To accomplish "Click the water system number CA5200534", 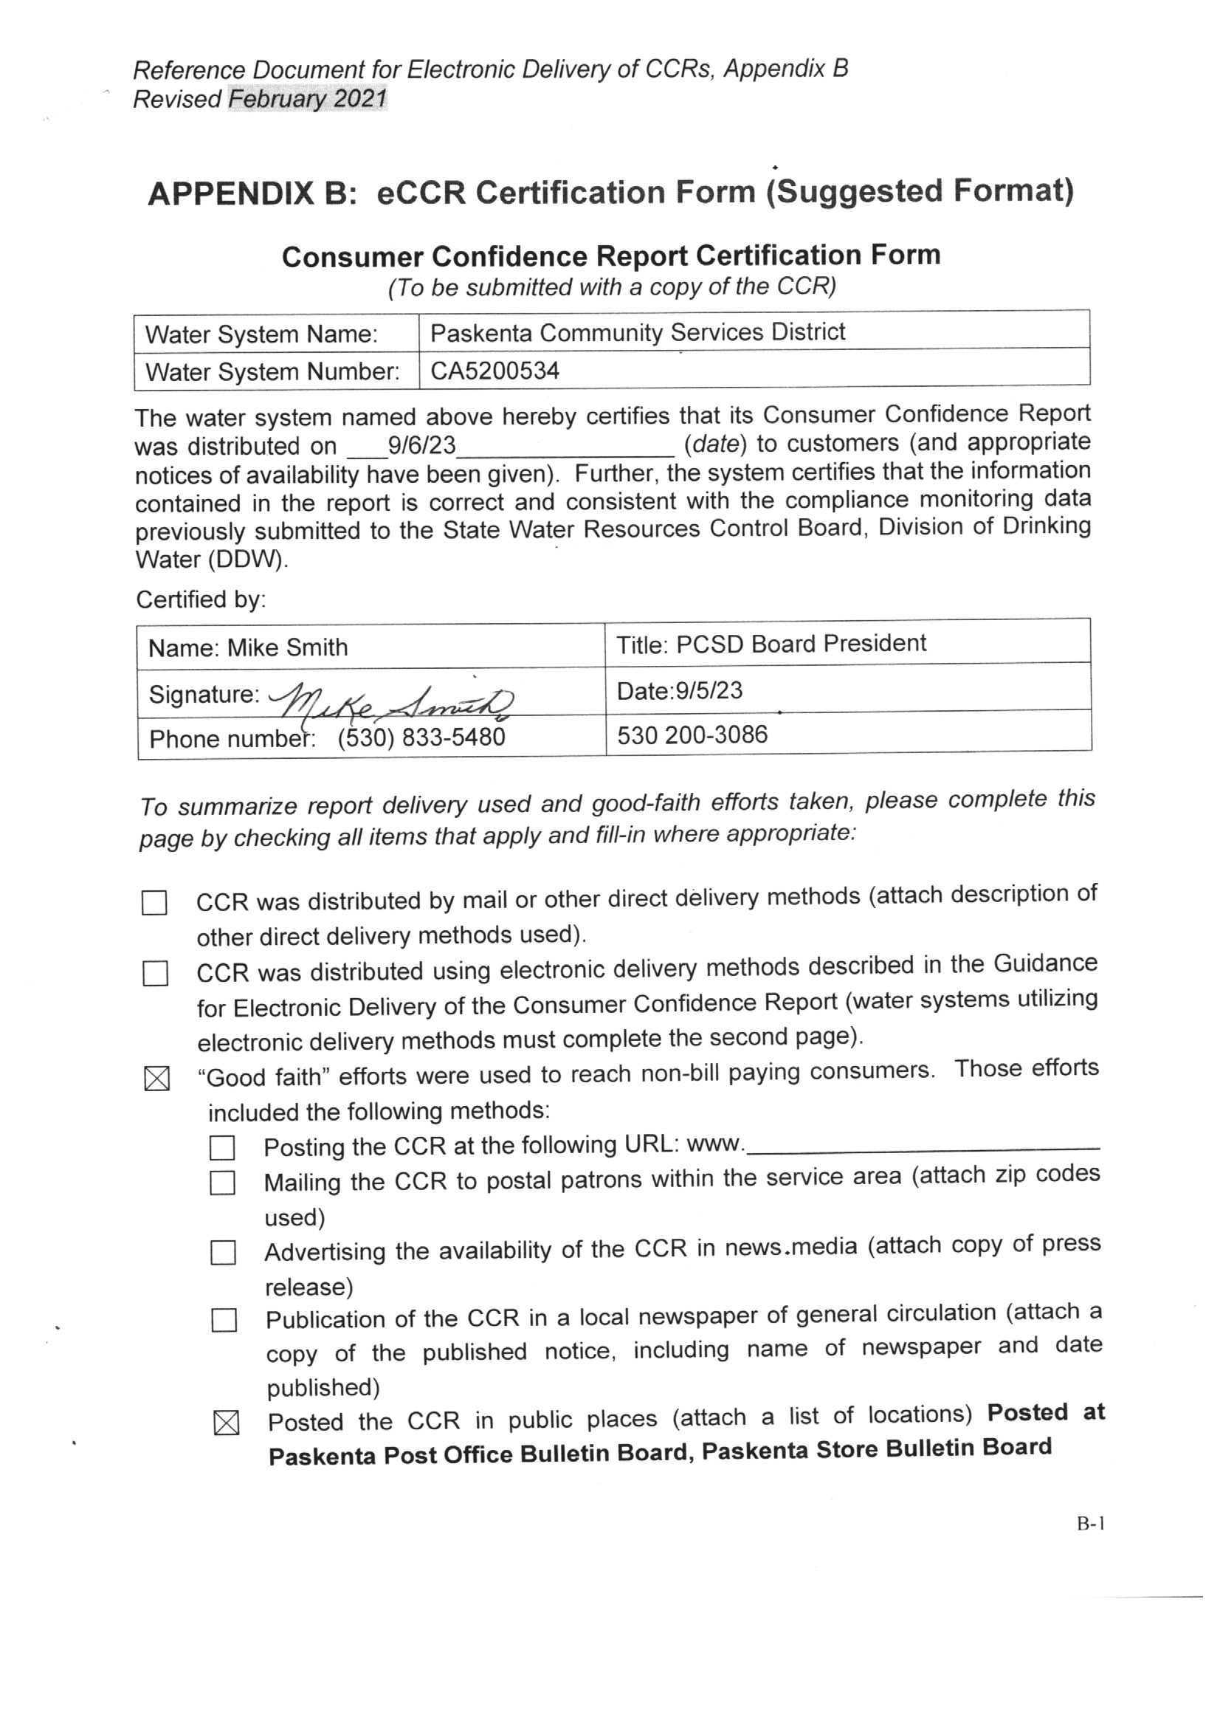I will pos(494,371).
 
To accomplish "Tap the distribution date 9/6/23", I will pos(421,445).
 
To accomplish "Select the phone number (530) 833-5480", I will pos(421,737).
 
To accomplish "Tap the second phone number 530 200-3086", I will pos(692,735).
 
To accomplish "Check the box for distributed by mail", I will pos(154,902).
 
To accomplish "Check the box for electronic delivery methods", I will pos(155,974).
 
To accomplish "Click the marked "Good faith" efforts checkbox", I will pos(156,1079).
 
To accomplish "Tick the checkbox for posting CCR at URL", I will pos(221,1148).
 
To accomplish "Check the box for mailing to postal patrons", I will pos(222,1183).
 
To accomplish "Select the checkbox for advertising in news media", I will pos(223,1252).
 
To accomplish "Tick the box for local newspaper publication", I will pos(224,1320).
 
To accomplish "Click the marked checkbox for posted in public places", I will pos(227,1423).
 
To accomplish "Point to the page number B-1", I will pos(1091,1524).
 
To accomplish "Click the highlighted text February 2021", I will pos(308,98).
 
